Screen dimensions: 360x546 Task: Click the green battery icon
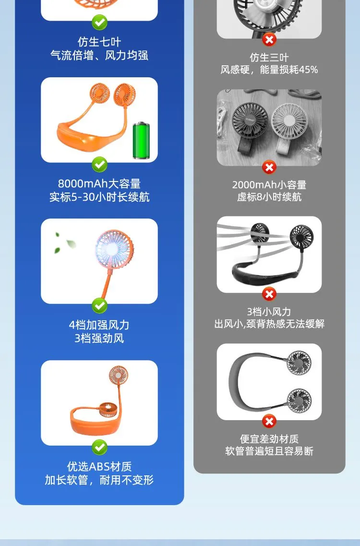point(141,140)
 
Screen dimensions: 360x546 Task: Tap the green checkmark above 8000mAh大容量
point(99,164)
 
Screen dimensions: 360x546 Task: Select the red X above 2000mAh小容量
point(269,168)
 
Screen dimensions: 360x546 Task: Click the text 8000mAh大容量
point(99,183)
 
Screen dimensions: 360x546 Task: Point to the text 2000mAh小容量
point(269,185)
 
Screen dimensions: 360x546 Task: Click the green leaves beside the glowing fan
point(65,243)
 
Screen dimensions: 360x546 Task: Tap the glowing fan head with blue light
point(114,248)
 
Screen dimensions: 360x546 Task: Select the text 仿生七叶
point(99,42)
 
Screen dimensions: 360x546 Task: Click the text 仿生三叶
point(269,58)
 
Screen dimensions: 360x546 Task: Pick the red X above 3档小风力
point(269,294)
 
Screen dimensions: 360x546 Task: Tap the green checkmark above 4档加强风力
point(99,306)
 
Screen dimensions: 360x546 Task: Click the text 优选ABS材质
point(99,466)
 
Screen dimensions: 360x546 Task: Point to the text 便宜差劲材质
point(269,439)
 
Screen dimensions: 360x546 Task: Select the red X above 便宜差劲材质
point(269,421)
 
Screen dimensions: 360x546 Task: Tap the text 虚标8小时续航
point(269,197)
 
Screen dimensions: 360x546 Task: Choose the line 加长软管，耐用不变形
point(99,480)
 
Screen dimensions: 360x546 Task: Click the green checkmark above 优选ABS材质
point(99,448)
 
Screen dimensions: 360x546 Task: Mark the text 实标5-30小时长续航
point(99,197)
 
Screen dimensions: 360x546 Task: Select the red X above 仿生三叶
point(269,40)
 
